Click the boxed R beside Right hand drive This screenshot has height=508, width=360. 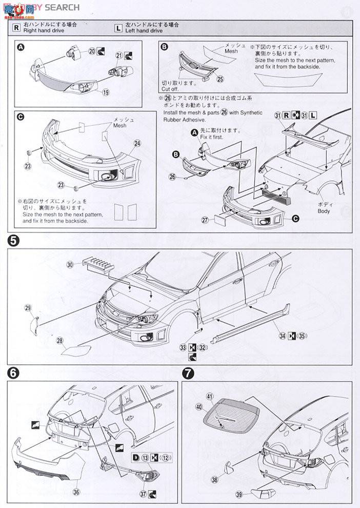17,28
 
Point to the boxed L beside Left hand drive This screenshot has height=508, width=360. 119,28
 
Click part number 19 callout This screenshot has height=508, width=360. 106,93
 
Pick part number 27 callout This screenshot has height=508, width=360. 205,220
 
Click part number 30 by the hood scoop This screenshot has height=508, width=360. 70,264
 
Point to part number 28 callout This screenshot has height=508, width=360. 60,340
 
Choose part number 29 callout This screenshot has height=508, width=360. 28,307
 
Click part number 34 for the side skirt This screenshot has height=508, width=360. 282,336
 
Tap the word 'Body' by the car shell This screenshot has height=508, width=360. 324,211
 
